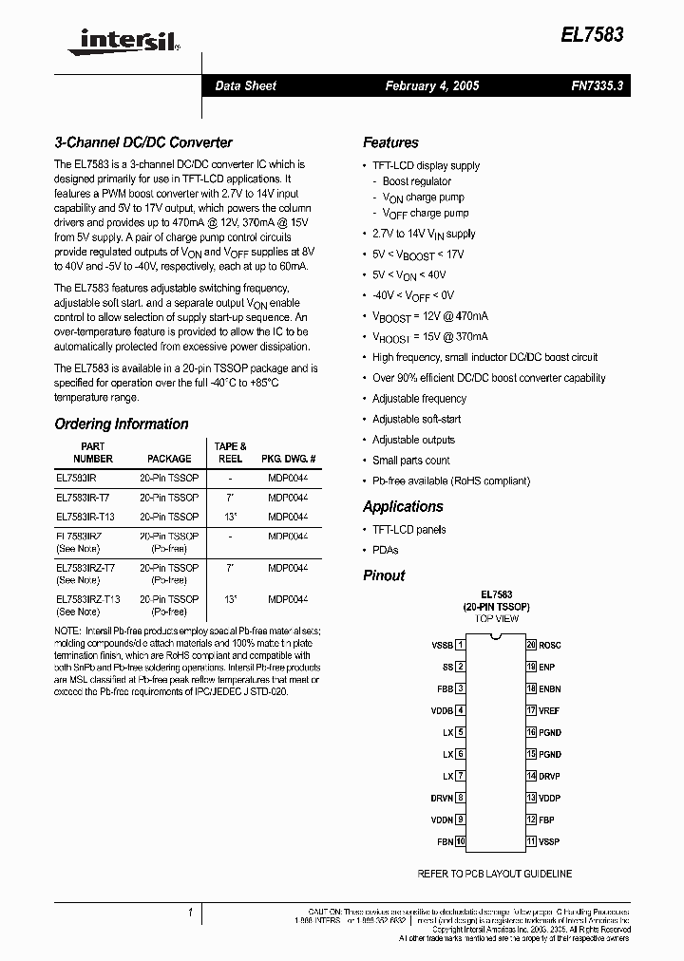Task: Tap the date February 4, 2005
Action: tap(431, 85)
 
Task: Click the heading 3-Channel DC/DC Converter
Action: tap(143, 142)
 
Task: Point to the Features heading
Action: tap(390, 142)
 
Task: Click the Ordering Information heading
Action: tap(122, 424)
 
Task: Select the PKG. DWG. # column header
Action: tap(288, 459)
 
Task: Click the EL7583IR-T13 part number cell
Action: tap(88, 517)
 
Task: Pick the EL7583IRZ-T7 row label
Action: tap(86, 568)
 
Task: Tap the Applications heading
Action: tap(403, 506)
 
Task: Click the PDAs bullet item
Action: tap(385, 550)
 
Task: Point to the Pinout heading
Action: tap(384, 575)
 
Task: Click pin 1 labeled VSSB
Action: tap(443, 645)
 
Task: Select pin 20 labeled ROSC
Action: tap(550, 645)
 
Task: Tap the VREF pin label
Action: tap(550, 710)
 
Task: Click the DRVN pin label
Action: tap(441, 798)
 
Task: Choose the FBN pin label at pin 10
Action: tap(444, 841)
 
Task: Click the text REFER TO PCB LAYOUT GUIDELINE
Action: tap(495, 872)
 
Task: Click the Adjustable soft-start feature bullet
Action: tap(416, 419)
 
